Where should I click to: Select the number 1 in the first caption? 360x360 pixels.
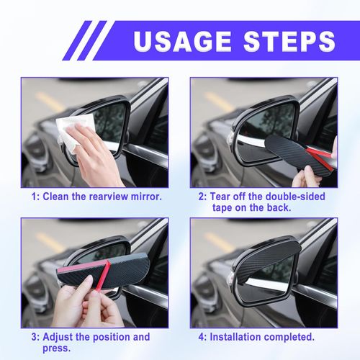coord(34,196)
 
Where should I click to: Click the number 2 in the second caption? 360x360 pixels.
coord(203,196)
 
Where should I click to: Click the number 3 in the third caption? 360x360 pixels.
coord(34,336)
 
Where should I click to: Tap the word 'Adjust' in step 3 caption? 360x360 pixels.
coord(60,336)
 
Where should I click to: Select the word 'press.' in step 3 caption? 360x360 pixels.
coord(60,349)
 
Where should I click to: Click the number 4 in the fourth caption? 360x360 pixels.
coord(203,336)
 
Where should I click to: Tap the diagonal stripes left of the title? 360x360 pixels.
coord(90,40)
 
